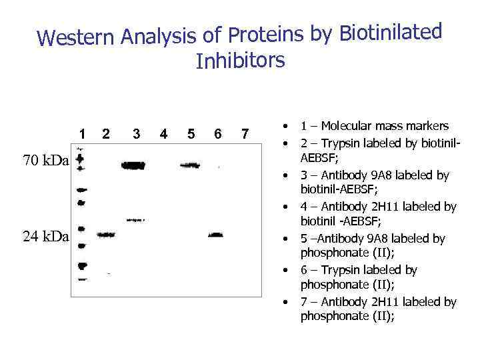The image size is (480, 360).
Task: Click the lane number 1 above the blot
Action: pyautogui.click(x=81, y=133)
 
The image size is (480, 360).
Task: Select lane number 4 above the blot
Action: pyautogui.click(x=163, y=133)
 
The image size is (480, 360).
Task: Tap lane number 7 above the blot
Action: pyautogui.click(x=245, y=133)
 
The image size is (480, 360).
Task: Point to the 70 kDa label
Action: pyautogui.click(x=45, y=161)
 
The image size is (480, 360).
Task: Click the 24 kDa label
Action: pyautogui.click(x=45, y=236)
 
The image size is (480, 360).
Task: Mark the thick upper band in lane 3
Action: pyautogui.click(x=133, y=165)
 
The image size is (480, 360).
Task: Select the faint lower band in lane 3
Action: pyautogui.click(x=135, y=219)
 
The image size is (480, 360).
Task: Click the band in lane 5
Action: pyautogui.click(x=187, y=165)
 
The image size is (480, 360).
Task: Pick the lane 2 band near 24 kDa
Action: pyautogui.click(x=105, y=235)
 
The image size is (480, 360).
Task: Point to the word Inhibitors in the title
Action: pyautogui.click(x=241, y=61)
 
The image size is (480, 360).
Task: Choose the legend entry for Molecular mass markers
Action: pyautogui.click(x=375, y=126)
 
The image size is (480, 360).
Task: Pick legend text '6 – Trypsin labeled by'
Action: pyautogui.click(x=359, y=270)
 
